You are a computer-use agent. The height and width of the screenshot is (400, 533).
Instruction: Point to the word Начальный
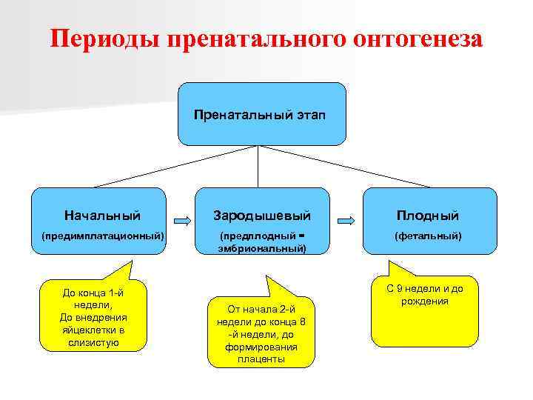tap(102, 216)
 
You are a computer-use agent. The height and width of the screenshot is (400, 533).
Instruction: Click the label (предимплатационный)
tap(102, 236)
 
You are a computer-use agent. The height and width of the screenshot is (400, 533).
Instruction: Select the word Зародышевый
tap(262, 216)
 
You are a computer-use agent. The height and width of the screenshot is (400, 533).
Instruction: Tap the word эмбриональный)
tap(262, 248)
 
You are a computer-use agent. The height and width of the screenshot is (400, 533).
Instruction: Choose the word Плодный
tap(428, 216)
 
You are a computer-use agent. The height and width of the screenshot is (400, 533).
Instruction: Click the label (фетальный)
tap(428, 236)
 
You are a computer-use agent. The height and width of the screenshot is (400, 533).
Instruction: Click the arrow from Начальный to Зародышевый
tap(183, 220)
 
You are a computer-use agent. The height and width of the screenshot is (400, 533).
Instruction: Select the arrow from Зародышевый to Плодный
tap(346, 220)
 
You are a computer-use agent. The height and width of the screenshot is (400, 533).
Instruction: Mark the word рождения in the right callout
tap(426, 301)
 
